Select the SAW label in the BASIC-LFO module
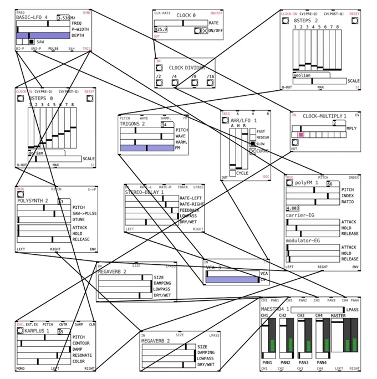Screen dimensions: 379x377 (x=40, y=42)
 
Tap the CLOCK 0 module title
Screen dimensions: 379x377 (x=186, y=16)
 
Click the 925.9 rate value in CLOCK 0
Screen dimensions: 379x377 (x=161, y=29)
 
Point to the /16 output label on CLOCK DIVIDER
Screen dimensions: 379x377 (x=210, y=76)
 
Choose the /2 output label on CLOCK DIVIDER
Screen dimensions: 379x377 (x=159, y=76)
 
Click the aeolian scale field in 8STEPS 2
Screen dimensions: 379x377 (x=303, y=74)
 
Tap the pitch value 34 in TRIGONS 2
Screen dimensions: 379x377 (x=164, y=125)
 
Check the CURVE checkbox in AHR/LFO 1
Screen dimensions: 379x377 (x=253, y=151)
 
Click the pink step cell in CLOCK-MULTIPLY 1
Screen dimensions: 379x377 (x=301, y=135)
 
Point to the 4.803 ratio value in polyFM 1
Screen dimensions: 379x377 (x=293, y=208)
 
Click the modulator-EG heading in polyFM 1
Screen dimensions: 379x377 (x=304, y=241)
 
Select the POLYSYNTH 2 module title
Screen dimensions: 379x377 (x=33, y=201)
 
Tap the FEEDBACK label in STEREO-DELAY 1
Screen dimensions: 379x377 (x=190, y=211)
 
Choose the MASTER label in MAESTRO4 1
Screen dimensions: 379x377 (x=338, y=316)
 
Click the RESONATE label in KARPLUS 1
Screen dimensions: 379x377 (x=83, y=356)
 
